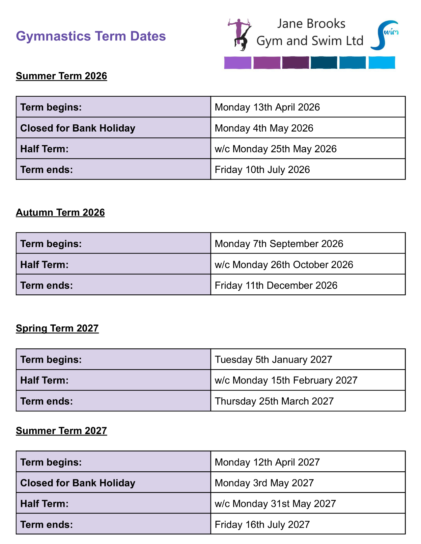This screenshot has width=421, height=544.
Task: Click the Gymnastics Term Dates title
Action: [x=91, y=36]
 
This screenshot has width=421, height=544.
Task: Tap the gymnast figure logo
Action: [x=240, y=35]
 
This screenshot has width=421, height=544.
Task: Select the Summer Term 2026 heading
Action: [x=61, y=76]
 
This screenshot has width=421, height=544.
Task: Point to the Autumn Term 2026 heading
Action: [x=60, y=212]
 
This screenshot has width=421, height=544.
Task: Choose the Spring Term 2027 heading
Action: [x=57, y=328]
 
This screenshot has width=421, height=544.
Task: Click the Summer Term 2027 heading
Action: [x=61, y=431]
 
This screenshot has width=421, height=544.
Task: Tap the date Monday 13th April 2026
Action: [x=267, y=107]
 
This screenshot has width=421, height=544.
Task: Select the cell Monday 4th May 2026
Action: [x=264, y=128]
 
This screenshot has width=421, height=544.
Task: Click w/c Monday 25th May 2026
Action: [x=275, y=149]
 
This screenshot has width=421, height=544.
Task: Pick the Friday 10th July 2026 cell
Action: [x=262, y=169]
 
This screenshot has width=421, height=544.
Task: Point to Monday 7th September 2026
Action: [x=279, y=244]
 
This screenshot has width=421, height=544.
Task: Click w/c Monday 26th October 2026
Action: [x=284, y=264]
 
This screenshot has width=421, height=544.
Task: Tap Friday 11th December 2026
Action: [x=276, y=285]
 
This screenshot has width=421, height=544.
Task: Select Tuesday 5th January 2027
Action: [x=273, y=359]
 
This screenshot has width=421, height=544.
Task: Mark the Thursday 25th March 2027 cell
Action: [x=274, y=401]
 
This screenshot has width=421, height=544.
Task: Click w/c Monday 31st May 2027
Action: [x=275, y=504]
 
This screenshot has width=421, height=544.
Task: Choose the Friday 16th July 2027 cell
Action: [x=262, y=524]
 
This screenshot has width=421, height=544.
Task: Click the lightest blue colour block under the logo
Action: [x=381, y=62]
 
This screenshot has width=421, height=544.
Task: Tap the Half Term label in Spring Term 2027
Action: [x=44, y=380]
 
